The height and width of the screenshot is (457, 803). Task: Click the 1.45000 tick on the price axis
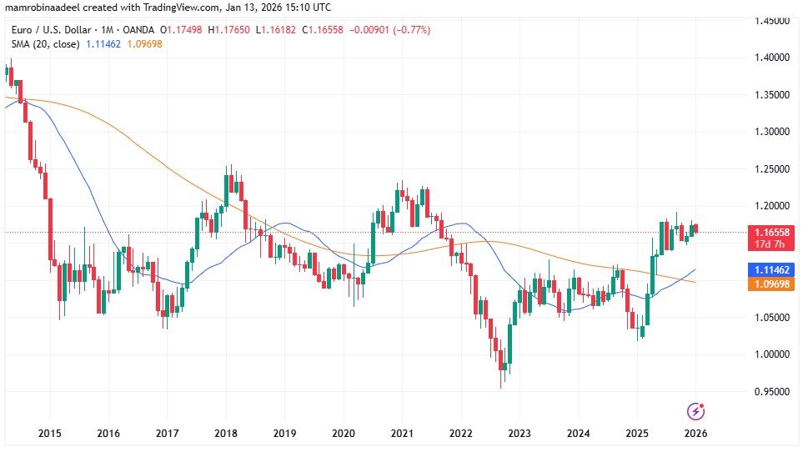pyautogui.click(x=772, y=20)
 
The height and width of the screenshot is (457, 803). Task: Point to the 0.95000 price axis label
pyautogui.click(x=772, y=391)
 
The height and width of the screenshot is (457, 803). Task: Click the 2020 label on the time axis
pyautogui.click(x=344, y=434)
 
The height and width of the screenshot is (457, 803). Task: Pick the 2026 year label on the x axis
pyautogui.click(x=696, y=434)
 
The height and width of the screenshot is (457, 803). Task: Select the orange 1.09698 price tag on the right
pyautogui.click(x=772, y=284)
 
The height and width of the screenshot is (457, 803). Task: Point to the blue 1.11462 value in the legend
pyautogui.click(x=103, y=43)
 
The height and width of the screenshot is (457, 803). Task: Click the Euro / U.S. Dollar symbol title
pyautogui.click(x=50, y=30)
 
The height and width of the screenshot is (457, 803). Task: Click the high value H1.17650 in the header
pyautogui.click(x=234, y=30)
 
